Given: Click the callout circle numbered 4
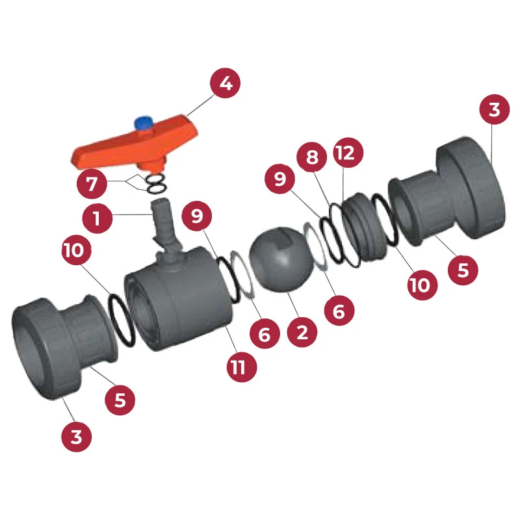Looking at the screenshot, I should [225, 84].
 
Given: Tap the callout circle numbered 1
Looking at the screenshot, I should [97, 218].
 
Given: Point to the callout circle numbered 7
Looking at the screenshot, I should [92, 184].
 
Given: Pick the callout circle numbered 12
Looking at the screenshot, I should [348, 154].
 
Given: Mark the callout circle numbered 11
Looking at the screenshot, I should [239, 367].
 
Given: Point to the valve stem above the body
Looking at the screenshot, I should [162, 224].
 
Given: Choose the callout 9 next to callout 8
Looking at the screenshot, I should [281, 179].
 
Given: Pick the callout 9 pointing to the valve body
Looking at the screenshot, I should [198, 218].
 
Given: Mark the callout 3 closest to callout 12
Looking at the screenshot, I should [495, 110].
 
